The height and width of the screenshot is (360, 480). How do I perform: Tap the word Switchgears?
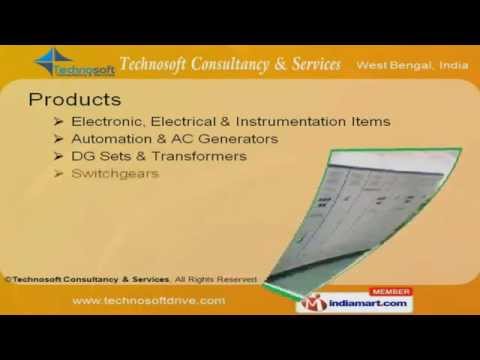pos(114,173)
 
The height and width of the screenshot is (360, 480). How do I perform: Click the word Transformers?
pos(203,156)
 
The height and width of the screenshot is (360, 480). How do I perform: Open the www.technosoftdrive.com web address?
pos(149,300)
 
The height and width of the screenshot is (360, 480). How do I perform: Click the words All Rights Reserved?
pos(217,279)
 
